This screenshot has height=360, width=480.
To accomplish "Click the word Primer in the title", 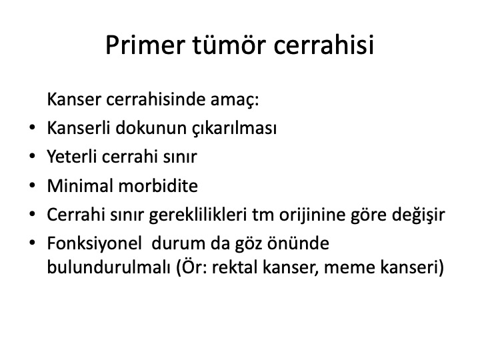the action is coord(145,45).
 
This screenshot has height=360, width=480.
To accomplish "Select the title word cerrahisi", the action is coord(323,45).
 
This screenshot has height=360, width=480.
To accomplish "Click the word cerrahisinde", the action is coord(155,99).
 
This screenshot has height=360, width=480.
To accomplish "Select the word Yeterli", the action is coord(71,157).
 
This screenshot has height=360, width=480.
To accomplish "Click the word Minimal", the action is coord(80,185).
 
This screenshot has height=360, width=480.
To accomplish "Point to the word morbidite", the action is coord(158,185).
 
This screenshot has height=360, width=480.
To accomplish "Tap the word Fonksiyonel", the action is coord(94,244).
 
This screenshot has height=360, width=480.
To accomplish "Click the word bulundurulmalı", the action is coord(109,267).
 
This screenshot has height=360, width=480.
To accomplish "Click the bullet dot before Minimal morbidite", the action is coord(32,185).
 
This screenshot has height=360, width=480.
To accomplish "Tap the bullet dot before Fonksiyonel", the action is coord(32,243).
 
